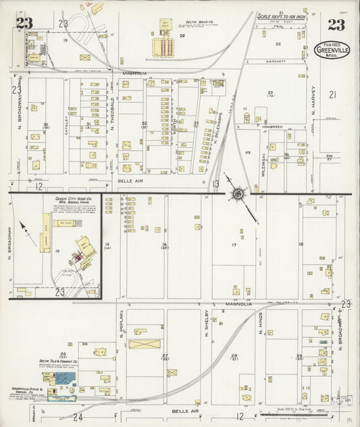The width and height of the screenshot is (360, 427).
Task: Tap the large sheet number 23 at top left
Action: pyautogui.click(x=25, y=24)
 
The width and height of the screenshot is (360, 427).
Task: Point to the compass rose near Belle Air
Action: pyautogui.click(x=238, y=195)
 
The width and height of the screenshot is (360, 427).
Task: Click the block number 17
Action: pyautogui.click(x=234, y=245)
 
